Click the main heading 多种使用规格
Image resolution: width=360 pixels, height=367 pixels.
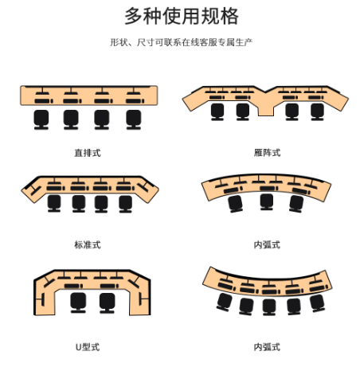(182, 17)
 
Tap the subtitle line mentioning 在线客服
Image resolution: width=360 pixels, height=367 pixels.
(182, 42)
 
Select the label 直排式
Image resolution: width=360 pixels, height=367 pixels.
(88, 153)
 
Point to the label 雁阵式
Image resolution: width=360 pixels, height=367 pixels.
(267, 153)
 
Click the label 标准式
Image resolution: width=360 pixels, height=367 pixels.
(88, 244)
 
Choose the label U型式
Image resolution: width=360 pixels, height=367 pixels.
(88, 347)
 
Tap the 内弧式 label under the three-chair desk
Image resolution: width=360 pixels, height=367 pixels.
(267, 244)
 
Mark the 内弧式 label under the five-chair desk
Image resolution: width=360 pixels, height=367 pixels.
(267, 347)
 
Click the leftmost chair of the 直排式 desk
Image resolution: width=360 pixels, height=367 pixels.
(41, 119)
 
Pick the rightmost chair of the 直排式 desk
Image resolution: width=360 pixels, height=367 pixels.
(134, 119)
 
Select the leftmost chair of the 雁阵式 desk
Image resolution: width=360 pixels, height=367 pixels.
(217, 111)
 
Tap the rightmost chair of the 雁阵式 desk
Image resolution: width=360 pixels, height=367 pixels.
(317, 111)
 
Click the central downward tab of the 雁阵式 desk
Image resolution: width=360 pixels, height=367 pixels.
(266, 109)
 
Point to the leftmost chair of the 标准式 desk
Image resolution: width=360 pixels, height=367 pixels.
(54, 204)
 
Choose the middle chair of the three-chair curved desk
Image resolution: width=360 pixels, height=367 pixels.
(267, 201)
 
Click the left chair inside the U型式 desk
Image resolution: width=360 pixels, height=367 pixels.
(78, 303)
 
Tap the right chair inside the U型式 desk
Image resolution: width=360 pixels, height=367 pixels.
(108, 303)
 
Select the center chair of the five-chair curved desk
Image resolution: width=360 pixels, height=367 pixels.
(269, 306)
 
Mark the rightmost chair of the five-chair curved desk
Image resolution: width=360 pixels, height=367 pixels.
(317, 303)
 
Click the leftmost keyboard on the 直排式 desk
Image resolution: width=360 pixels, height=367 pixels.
(44, 101)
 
